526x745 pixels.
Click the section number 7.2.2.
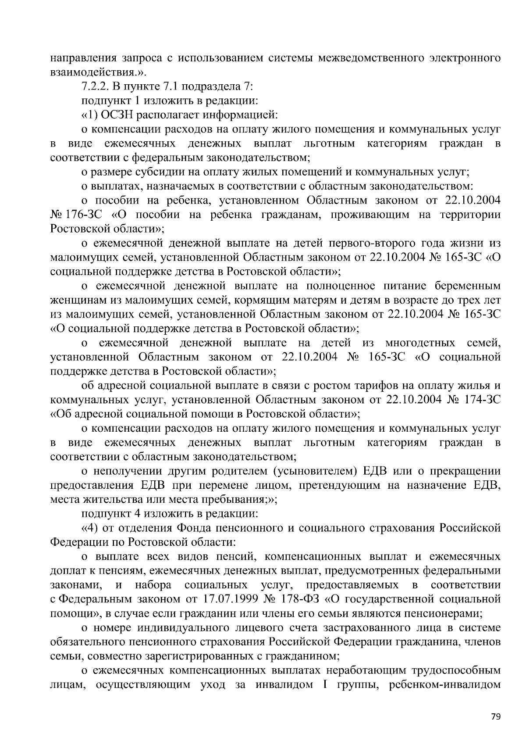[97, 86]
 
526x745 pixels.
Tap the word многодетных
[420, 342]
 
